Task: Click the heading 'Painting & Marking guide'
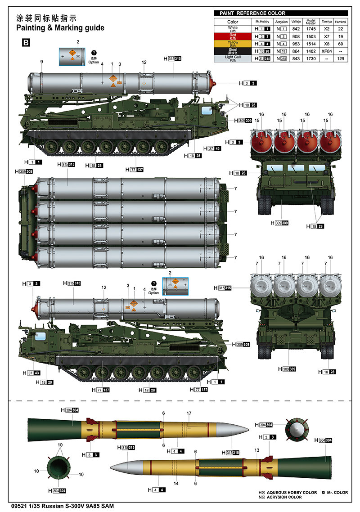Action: [60, 28]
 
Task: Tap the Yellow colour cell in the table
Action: [233, 43]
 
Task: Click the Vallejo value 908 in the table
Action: [296, 36]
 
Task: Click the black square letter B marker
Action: [26, 43]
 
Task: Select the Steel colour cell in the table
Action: [233, 51]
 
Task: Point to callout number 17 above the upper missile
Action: [189, 413]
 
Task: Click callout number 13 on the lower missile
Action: [257, 450]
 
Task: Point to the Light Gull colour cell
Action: [233, 58]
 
